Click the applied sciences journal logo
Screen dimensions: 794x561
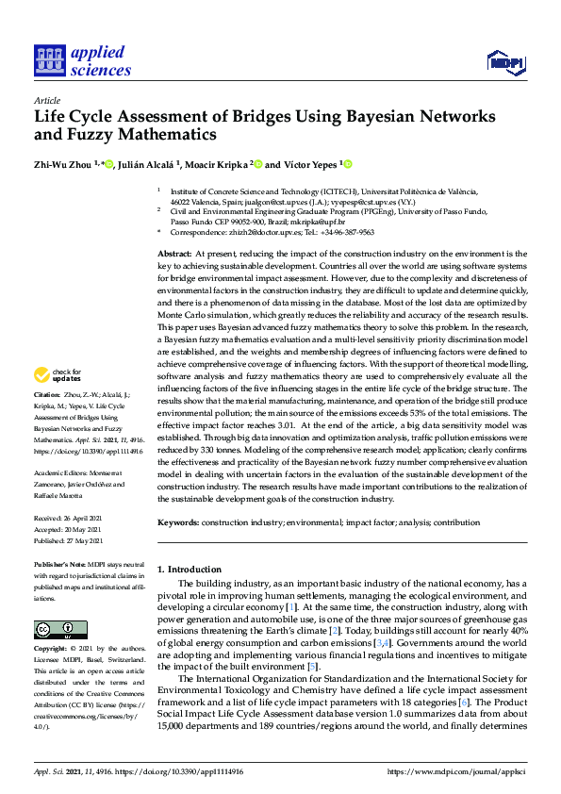coord(82,61)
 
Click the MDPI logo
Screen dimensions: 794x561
coord(506,62)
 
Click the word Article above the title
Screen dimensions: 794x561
coord(46,101)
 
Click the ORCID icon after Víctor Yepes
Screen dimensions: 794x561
coord(347,164)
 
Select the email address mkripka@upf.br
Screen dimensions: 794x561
coord(349,219)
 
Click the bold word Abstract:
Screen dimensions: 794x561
coord(175,254)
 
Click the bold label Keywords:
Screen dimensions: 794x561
coord(178,521)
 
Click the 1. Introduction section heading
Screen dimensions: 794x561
coord(189,570)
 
